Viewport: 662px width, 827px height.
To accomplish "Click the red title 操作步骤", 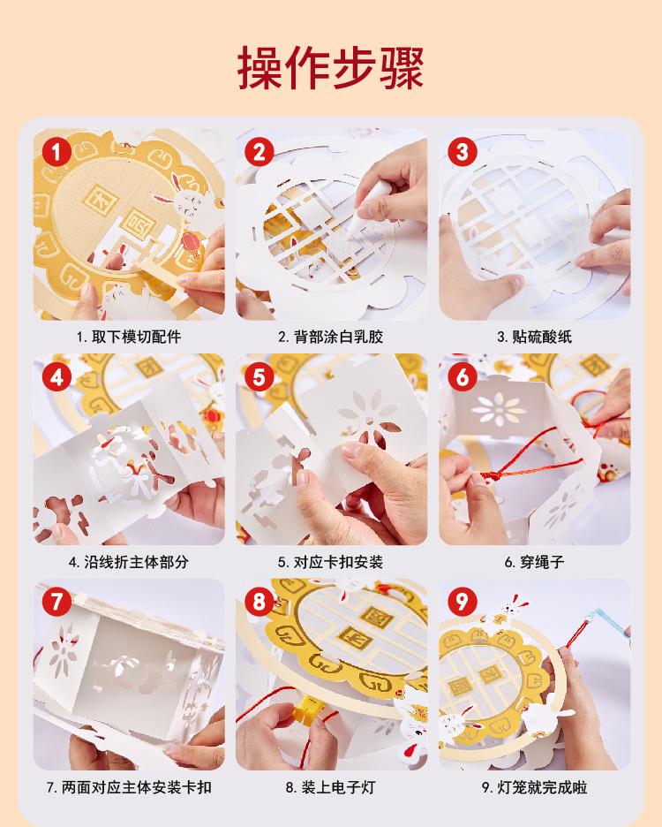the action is point(330,67).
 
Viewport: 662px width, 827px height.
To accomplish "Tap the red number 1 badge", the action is point(56,153).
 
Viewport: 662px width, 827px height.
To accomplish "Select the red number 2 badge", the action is point(260,153).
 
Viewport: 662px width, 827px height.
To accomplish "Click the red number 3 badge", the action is point(463,153).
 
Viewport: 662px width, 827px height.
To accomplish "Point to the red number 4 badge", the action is point(56,377).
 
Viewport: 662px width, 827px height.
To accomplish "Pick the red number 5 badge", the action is point(260,377).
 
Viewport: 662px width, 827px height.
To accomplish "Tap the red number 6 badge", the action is point(463,377).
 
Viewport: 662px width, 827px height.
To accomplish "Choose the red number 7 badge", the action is point(56,602).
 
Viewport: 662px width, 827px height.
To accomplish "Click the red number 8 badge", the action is point(260,602).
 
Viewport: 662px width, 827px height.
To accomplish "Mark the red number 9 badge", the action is point(463,602).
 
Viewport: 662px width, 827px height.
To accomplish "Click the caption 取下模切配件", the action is point(136,337).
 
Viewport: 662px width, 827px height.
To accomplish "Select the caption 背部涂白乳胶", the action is point(338,337).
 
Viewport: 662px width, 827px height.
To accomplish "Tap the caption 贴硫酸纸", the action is point(542,337).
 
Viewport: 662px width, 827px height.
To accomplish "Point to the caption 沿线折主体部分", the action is point(136,562).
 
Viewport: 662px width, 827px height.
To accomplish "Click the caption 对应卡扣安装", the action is point(338,562).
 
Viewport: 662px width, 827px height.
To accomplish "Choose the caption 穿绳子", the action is point(542,562).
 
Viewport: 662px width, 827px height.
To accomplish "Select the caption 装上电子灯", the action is point(338,787).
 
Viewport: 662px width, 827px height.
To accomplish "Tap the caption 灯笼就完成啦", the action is point(542,787).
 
